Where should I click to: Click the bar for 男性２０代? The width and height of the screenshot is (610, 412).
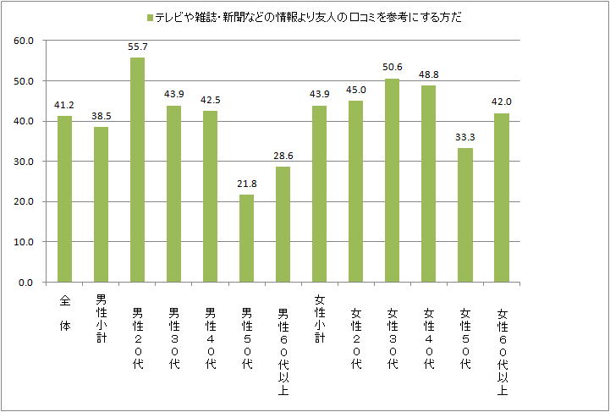point(137,169)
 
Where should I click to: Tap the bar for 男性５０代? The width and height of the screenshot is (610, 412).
point(246,238)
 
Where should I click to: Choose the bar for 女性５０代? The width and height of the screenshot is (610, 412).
point(464,215)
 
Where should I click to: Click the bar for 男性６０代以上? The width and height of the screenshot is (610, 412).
point(283,224)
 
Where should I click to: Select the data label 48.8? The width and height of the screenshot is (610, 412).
point(428,74)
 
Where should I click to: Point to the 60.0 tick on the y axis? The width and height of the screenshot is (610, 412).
point(24,41)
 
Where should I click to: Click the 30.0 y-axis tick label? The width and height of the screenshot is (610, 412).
point(24,162)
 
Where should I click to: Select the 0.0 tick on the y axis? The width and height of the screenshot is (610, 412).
point(26,283)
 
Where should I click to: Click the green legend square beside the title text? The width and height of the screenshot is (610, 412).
point(150,17)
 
